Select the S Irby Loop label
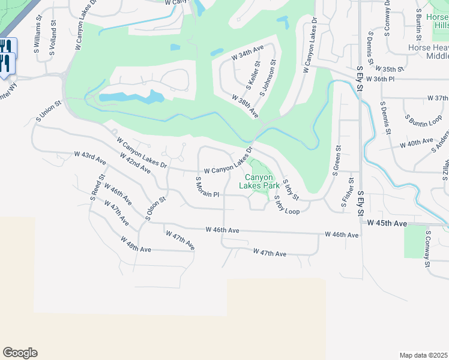click(286, 205)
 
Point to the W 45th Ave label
click(387, 223)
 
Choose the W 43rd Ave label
click(90, 158)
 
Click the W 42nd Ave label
click(134, 163)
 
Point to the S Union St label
click(48, 112)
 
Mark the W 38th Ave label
click(245, 106)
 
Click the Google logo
click(20, 353)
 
